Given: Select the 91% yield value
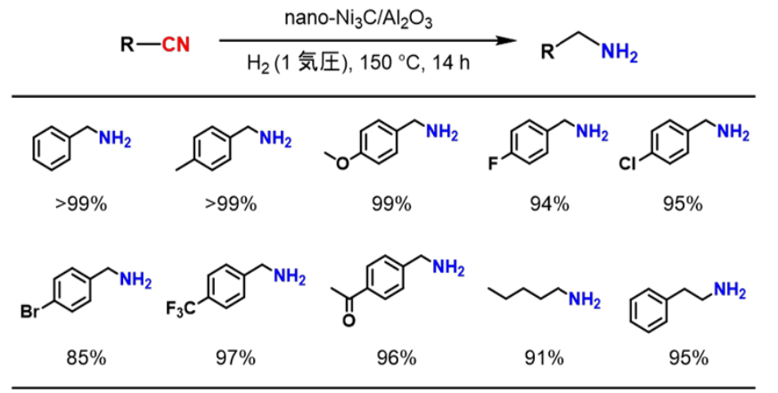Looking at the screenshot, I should (544, 358).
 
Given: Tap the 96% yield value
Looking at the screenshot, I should (393, 358).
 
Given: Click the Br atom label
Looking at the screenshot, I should (31, 313).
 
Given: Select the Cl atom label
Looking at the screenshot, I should (629, 165).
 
